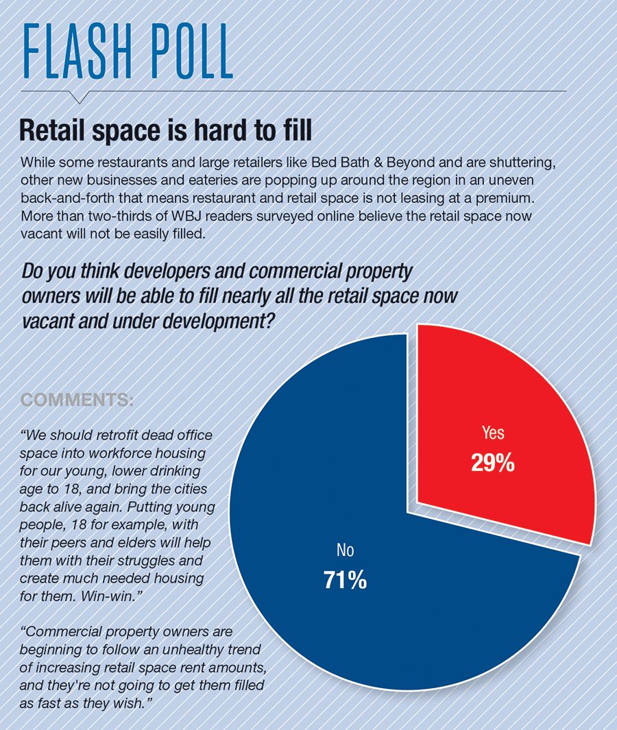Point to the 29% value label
tap(492, 463)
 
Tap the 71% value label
tap(345, 580)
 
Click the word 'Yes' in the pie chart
tap(492, 433)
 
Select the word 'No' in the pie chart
tap(345, 550)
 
